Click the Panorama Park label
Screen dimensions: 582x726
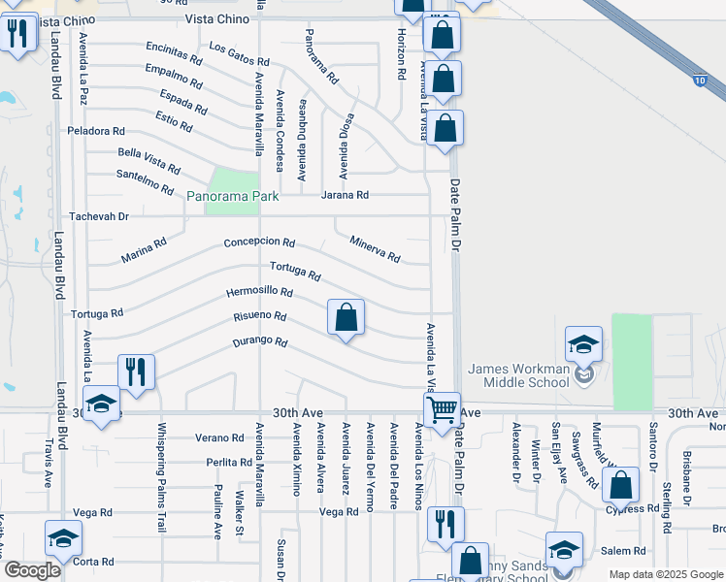pyautogui.click(x=233, y=197)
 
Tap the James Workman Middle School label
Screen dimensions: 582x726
pyautogui.click(x=518, y=375)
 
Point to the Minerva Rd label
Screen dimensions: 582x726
pyautogui.click(x=375, y=250)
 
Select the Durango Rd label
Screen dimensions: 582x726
pyautogui.click(x=261, y=341)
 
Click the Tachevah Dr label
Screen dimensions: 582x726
pyautogui.click(x=98, y=217)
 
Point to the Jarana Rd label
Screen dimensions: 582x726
pyautogui.click(x=346, y=195)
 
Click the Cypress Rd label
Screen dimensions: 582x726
pyautogui.click(x=632, y=508)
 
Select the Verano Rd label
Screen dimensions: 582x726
pyautogui.click(x=216, y=437)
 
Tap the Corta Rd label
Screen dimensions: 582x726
pyautogui.click(x=94, y=562)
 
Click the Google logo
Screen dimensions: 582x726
pyautogui.click(x=32, y=570)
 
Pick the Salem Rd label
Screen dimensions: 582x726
pyautogui.click(x=622, y=550)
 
